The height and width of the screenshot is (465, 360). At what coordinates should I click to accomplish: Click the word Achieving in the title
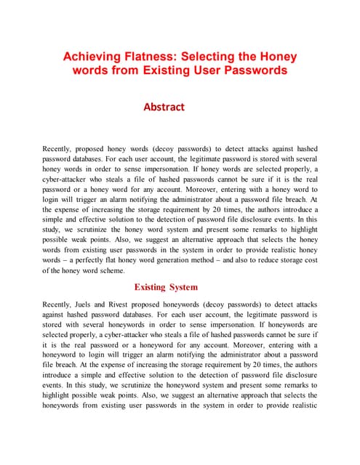pos(95,56)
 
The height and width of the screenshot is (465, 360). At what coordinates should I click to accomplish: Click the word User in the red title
pos(211,70)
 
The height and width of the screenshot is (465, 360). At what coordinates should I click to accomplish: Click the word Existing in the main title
pos(164,70)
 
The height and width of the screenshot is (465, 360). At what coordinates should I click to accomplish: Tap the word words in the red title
pos(91,70)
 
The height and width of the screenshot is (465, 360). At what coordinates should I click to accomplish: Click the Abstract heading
pos(164,107)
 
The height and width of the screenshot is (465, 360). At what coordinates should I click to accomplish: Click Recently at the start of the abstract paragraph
pos(61,149)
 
